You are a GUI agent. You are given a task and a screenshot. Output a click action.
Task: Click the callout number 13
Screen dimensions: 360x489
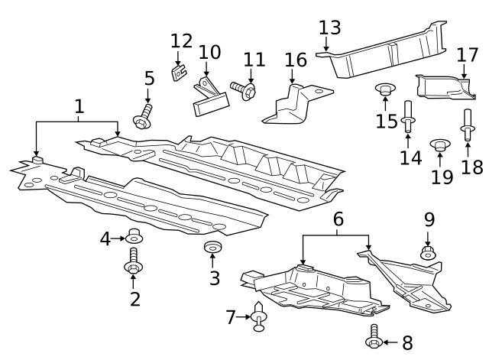[329, 29]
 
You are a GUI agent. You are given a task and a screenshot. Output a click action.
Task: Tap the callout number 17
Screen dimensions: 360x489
[467, 56]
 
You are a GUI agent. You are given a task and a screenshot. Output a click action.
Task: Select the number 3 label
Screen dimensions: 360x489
[215, 278]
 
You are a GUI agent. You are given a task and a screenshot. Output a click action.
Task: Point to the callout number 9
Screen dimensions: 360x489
[429, 220]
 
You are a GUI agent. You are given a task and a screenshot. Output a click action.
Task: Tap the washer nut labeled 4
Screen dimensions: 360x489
[134, 236]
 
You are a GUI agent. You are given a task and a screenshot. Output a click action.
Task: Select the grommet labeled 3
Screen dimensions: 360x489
[212, 248]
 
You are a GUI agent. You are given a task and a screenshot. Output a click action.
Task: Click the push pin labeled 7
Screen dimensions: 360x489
[259, 316]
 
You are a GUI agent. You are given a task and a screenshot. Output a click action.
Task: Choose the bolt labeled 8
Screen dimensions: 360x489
[374, 336]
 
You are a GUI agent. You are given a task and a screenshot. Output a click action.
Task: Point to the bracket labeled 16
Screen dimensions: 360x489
[292, 105]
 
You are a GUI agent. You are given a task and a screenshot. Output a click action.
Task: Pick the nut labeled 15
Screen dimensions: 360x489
[386, 92]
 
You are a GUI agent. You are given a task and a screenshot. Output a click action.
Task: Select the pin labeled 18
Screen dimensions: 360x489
[467, 122]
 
